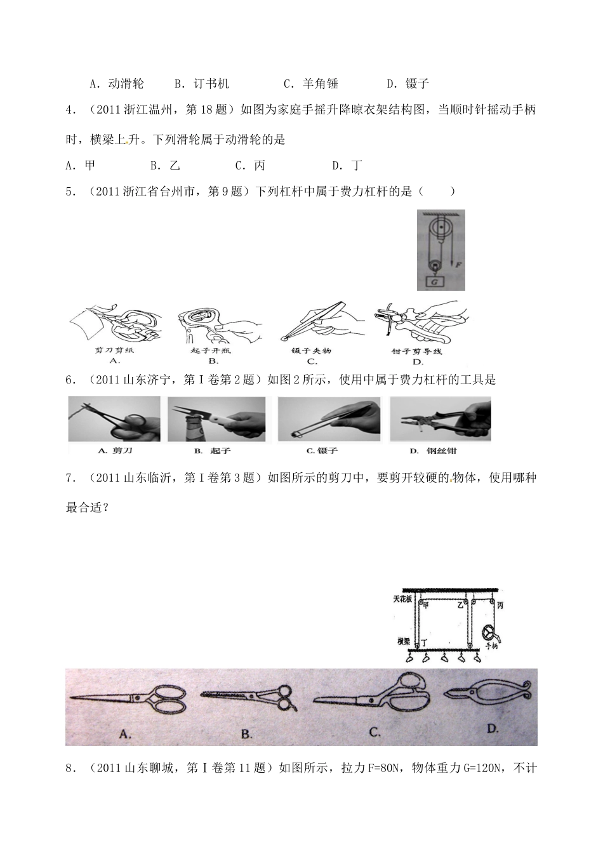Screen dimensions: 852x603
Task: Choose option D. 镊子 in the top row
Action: pyautogui.click(x=408, y=83)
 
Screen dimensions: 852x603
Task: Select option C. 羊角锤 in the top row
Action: pyautogui.click(x=310, y=83)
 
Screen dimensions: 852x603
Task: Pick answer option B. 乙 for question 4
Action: pyautogui.click(x=166, y=166)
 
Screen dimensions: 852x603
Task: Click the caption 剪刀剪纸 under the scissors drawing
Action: pyautogui.click(x=114, y=350)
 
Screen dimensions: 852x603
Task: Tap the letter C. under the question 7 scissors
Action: pyautogui.click(x=374, y=732)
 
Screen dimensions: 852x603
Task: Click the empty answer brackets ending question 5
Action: pyautogui.click(x=437, y=192)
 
